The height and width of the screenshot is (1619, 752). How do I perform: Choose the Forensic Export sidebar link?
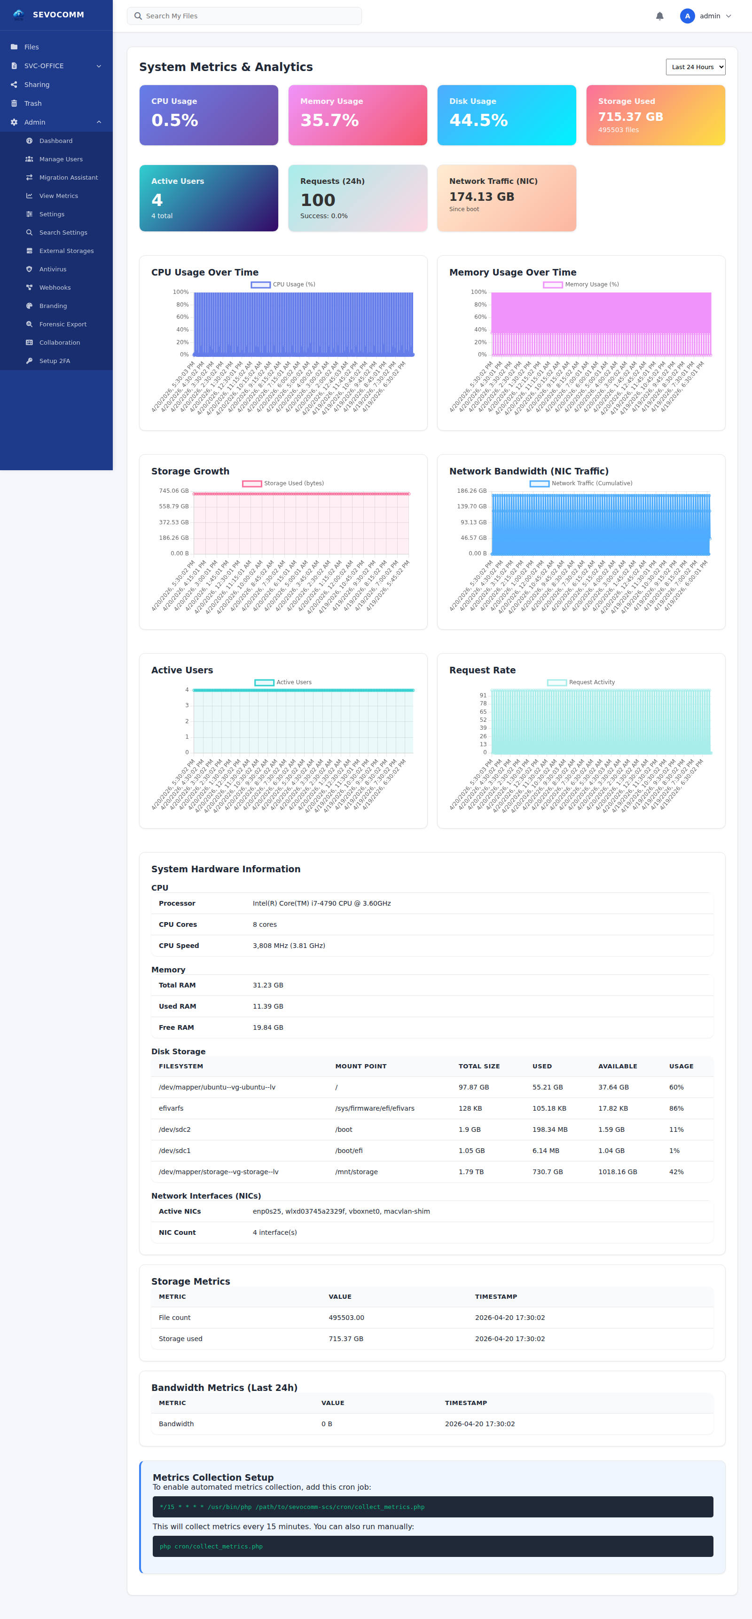pyautogui.click(x=63, y=324)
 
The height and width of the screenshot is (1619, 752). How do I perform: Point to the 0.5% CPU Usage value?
pyautogui.click(x=175, y=120)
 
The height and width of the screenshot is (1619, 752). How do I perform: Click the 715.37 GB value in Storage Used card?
pyautogui.click(x=630, y=117)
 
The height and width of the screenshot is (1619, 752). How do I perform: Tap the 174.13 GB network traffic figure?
pyautogui.click(x=481, y=197)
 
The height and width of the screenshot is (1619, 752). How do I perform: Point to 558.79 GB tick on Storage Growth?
pyautogui.click(x=173, y=506)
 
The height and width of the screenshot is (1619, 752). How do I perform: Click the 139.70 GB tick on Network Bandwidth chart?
pyautogui.click(x=471, y=506)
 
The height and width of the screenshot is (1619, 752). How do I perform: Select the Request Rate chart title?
pyautogui.click(x=482, y=670)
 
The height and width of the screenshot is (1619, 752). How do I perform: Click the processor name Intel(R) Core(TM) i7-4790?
pyautogui.click(x=321, y=903)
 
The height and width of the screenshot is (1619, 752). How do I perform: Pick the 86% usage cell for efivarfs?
pyautogui.click(x=676, y=1109)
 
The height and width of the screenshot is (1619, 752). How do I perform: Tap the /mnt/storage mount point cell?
pyautogui.click(x=356, y=1172)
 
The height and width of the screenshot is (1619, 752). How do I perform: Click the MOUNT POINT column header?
pyautogui.click(x=360, y=1066)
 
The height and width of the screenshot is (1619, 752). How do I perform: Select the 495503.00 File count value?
pyautogui.click(x=346, y=1318)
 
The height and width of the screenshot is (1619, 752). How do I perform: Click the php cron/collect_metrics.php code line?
pyautogui.click(x=211, y=1547)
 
